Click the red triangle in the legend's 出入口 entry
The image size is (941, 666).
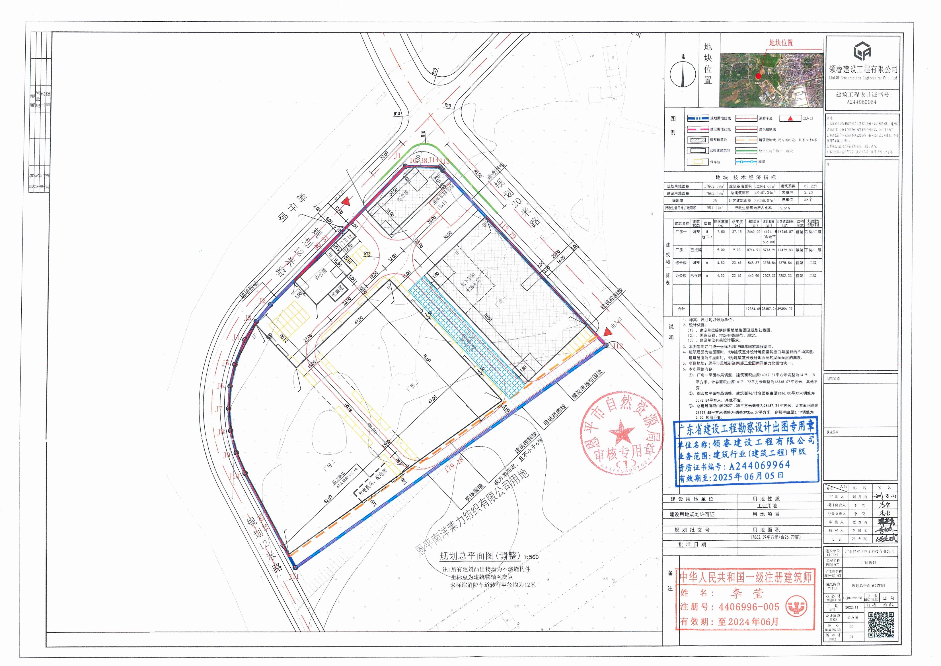795,118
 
